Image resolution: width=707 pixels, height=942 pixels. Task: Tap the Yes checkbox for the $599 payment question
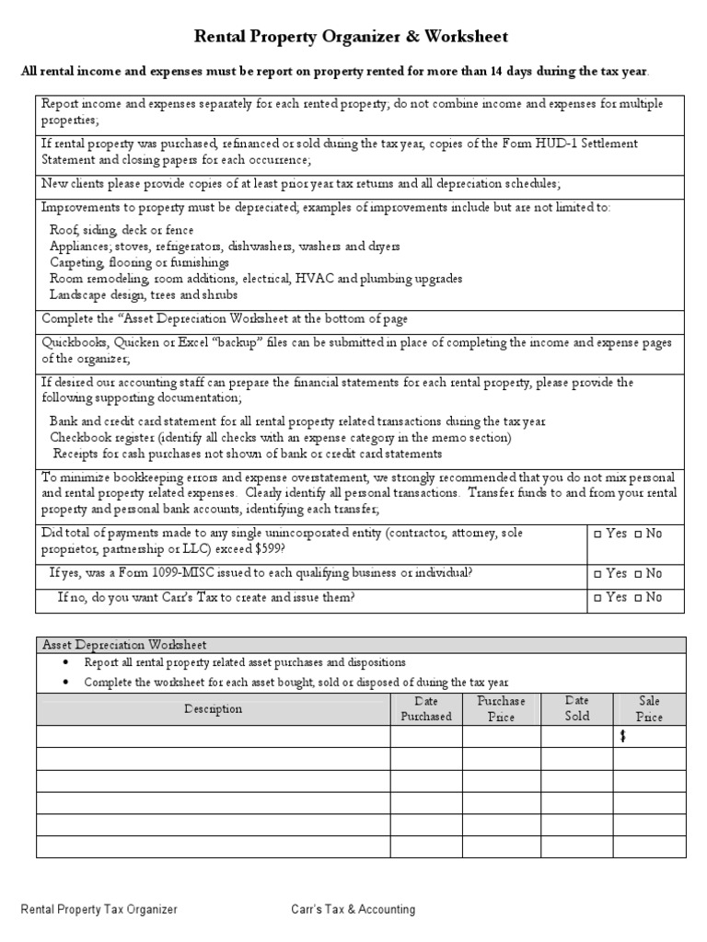pos(598,534)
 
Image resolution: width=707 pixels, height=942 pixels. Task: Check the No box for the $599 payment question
pos(639,534)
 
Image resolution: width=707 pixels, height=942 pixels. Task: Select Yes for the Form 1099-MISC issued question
pos(598,574)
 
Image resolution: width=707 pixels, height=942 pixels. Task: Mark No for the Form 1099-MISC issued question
pos(639,574)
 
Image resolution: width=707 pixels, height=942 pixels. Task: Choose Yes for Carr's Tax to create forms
pos(598,598)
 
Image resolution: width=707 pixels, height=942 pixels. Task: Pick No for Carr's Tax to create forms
pos(639,598)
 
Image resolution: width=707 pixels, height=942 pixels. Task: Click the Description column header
pos(213,708)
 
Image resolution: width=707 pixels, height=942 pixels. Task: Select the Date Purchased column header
pos(426,708)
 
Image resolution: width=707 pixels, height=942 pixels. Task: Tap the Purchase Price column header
pos(501,708)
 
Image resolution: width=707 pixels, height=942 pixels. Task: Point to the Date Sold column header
pos(577,708)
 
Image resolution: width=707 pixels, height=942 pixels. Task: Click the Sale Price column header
pos(649,708)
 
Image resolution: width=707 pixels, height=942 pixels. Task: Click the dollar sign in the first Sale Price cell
pos(623,737)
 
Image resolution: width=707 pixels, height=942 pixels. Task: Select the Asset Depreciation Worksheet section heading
pos(124,645)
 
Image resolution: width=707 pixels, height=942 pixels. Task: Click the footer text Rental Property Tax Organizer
pos(99,910)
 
